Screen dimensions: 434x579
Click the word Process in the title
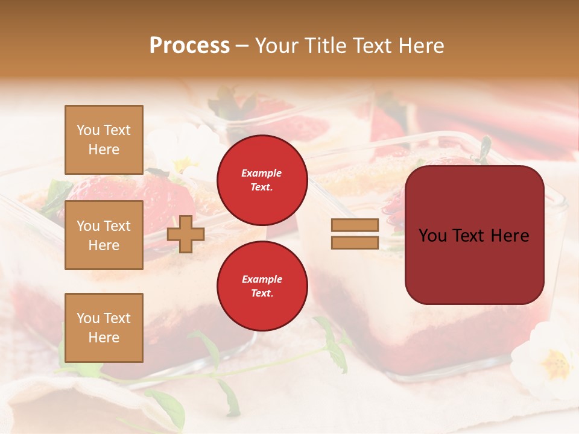(189, 46)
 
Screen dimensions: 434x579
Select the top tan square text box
(104, 140)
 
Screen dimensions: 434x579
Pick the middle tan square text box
(104, 235)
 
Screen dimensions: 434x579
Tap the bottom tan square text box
(104, 328)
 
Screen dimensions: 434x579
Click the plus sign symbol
(186, 234)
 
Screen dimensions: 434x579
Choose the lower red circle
(262, 286)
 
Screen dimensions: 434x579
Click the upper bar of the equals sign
(355, 225)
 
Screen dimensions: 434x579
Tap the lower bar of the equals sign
(355, 243)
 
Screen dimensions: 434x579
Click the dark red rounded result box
(474, 265)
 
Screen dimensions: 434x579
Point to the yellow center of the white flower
(555, 363)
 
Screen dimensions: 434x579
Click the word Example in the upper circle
(261, 173)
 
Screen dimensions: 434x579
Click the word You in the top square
(88, 130)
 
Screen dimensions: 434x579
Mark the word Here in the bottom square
(104, 338)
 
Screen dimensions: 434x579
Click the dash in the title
(242, 46)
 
